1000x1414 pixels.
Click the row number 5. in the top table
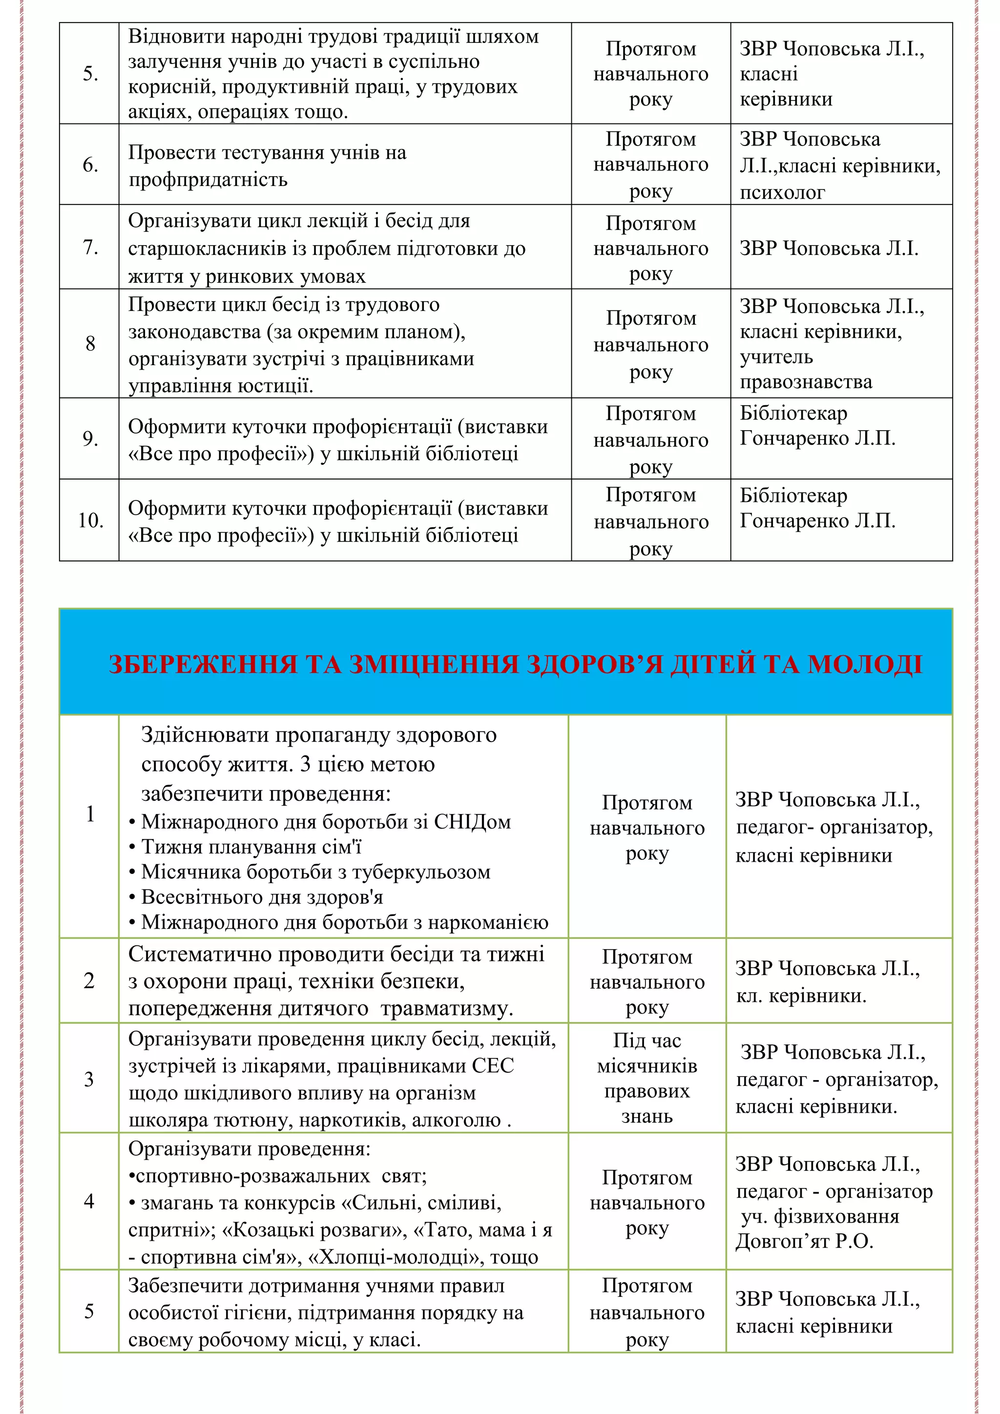[90, 74]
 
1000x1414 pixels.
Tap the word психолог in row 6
[782, 192]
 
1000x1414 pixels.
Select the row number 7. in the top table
[90, 248]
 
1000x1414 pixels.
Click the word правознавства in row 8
[805, 382]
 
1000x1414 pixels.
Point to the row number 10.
[90, 521]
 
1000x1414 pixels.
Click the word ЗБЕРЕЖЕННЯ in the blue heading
[203, 665]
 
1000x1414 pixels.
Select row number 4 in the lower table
[89, 1202]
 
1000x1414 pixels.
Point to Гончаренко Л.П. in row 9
[817, 438]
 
